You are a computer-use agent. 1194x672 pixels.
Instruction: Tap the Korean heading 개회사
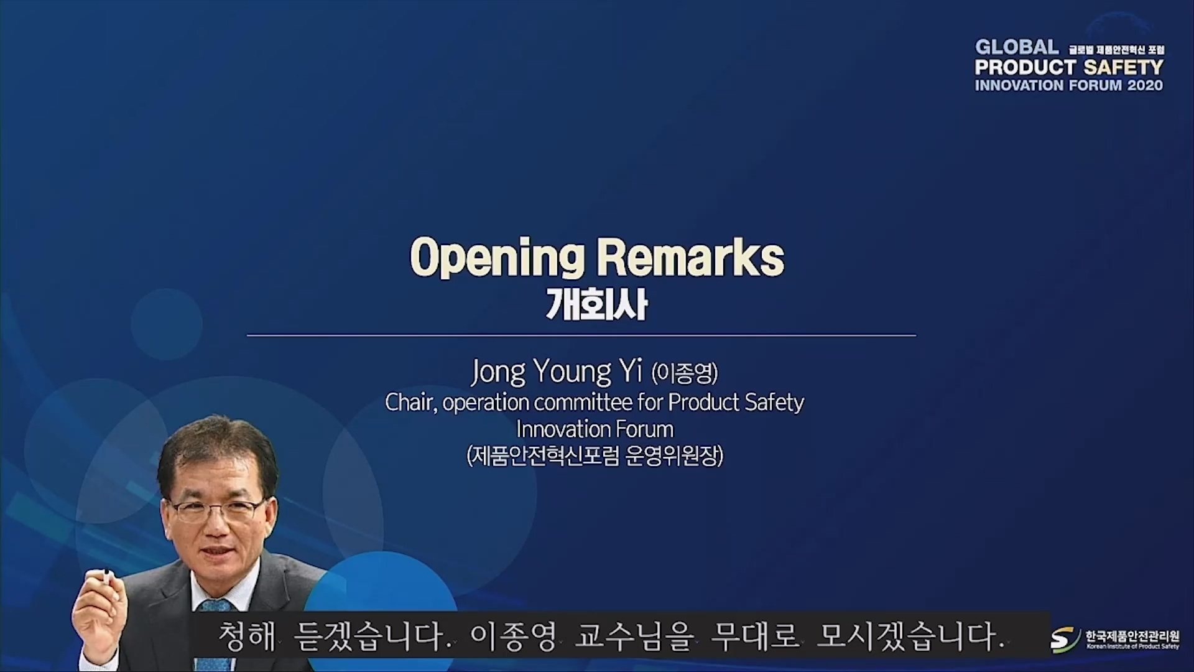pyautogui.click(x=597, y=305)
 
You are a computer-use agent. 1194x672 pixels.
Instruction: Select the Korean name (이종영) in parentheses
pyautogui.click(x=685, y=373)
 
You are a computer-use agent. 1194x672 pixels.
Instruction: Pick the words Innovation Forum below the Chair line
pyautogui.click(x=595, y=429)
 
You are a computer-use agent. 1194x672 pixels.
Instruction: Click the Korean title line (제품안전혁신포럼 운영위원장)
pyautogui.click(x=595, y=456)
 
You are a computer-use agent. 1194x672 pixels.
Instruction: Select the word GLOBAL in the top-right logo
pyautogui.click(x=1017, y=47)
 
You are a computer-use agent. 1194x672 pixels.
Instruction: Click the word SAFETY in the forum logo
pyautogui.click(x=1124, y=67)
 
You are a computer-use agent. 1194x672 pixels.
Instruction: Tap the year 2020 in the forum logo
pyautogui.click(x=1145, y=85)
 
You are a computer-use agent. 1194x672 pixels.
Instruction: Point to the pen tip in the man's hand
pyautogui.click(x=106, y=572)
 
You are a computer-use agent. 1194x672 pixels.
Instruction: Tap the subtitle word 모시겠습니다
pyautogui.click(x=911, y=638)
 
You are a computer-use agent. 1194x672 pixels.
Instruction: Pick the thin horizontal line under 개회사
pyautogui.click(x=581, y=335)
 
